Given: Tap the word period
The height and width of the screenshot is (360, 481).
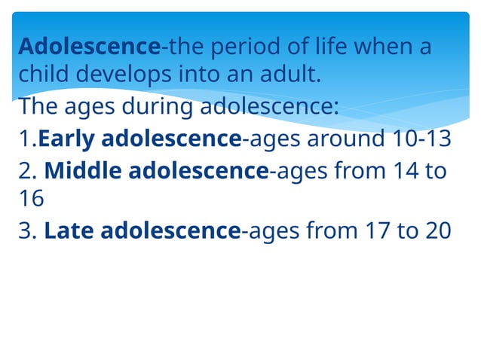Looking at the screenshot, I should coord(245,47).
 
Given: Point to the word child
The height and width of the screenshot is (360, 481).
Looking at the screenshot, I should coord(43,76).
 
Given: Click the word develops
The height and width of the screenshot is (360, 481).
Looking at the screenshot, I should coord(123,76).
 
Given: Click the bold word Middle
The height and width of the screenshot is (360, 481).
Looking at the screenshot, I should coord(83,171).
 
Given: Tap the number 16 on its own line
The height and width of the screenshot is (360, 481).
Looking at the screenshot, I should coord(32,198).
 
